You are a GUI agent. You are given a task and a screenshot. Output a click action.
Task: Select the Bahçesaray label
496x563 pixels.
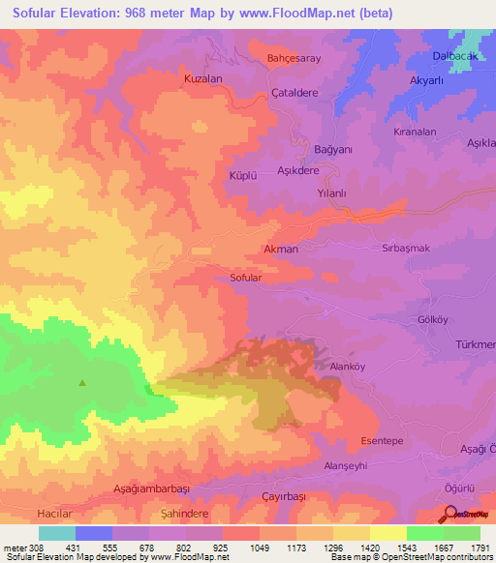click(293, 58)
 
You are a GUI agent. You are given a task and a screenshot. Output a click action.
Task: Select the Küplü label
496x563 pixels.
click(240, 176)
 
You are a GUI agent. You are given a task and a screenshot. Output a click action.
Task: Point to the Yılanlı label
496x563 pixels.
click(332, 193)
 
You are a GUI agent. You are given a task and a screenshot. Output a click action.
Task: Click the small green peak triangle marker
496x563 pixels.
click(81, 382)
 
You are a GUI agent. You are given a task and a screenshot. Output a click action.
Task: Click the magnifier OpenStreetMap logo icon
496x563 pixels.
click(449, 515)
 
